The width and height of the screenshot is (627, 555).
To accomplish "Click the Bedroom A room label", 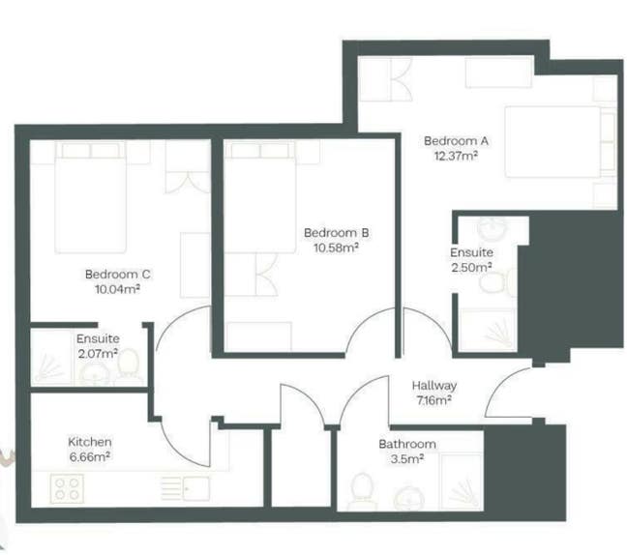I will (456, 141).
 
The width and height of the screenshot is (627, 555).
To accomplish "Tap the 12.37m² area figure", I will (456, 155).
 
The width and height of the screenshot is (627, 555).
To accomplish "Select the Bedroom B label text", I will (336, 233).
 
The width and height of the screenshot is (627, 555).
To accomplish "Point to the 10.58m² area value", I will (336, 248).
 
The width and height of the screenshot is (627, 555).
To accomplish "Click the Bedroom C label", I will (117, 274).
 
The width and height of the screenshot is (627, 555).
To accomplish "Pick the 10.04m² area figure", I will (117, 288).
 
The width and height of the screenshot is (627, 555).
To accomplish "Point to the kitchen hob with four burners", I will (68, 487).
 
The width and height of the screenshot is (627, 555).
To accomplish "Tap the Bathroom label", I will (406, 444).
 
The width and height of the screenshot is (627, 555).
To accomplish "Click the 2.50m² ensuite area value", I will (470, 267).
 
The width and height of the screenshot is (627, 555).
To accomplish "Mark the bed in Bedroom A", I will (554, 141).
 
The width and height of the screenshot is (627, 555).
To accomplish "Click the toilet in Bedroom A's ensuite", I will (498, 282).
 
